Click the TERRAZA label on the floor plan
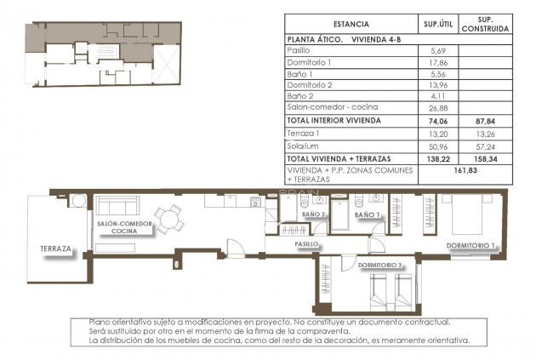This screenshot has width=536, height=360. point(55,250)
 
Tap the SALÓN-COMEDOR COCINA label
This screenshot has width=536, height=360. point(124,226)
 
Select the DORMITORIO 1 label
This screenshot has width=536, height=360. point(470,246)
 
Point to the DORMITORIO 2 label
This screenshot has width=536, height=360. point(379,266)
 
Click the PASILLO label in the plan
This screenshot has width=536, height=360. point(306,243)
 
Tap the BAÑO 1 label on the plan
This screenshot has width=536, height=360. point(367,215)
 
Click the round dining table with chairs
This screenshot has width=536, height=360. point(168,220)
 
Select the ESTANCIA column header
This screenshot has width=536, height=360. point(351,24)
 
